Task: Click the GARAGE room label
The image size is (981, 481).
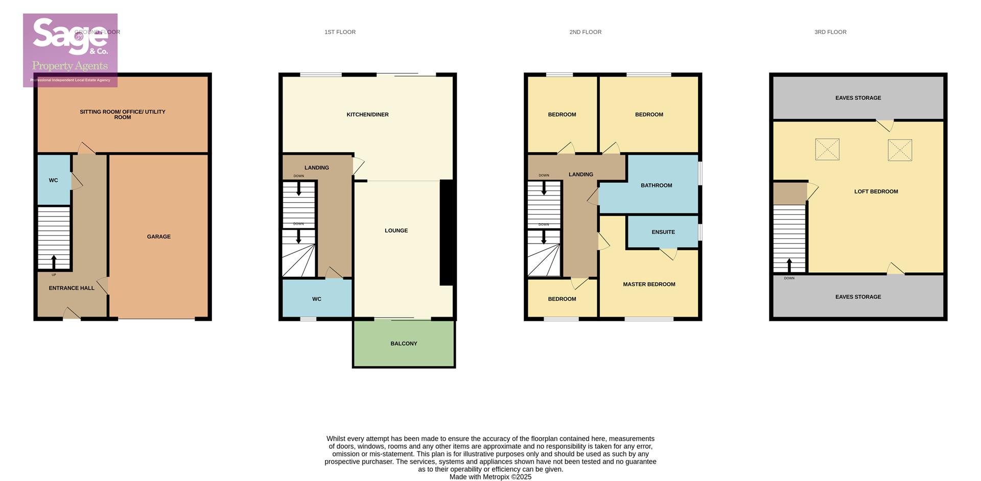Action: (x=158, y=236)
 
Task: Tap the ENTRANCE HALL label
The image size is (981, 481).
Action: (x=72, y=288)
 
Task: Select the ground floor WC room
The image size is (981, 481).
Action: (x=54, y=180)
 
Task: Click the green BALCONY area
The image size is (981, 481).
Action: (x=404, y=344)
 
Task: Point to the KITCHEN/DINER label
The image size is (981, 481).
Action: (x=367, y=114)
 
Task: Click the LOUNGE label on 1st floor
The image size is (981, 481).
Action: (x=396, y=230)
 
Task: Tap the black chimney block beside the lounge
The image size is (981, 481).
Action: (x=446, y=232)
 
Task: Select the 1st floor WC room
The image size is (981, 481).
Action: (x=317, y=299)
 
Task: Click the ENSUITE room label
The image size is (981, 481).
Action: (x=663, y=232)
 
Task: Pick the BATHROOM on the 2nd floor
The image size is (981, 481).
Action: (x=656, y=185)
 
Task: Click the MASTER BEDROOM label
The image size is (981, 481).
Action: (x=649, y=284)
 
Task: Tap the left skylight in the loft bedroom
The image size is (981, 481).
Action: (x=827, y=150)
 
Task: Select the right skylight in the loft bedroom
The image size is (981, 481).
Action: (x=900, y=150)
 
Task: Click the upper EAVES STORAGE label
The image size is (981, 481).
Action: (x=858, y=98)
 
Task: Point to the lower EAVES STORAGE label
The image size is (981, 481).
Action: (x=858, y=297)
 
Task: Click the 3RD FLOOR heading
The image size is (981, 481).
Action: (x=830, y=32)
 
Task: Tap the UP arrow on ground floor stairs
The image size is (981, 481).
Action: (x=54, y=262)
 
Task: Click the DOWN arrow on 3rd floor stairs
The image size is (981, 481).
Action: (x=789, y=266)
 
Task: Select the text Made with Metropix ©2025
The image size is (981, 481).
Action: (x=490, y=477)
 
